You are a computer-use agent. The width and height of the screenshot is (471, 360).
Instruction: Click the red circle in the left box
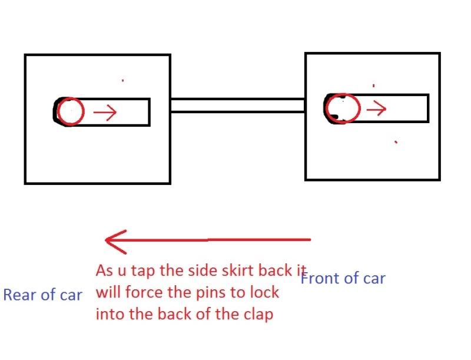71,111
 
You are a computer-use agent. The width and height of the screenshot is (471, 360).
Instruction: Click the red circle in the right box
341,108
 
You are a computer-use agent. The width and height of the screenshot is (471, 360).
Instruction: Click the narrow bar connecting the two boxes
237,105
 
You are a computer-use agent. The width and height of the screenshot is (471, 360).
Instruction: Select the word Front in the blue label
319,278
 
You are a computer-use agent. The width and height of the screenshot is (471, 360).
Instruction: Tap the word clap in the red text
259,314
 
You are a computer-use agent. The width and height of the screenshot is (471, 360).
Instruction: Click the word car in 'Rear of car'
70,295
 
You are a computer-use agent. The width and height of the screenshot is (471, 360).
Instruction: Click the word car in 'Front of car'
373,278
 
